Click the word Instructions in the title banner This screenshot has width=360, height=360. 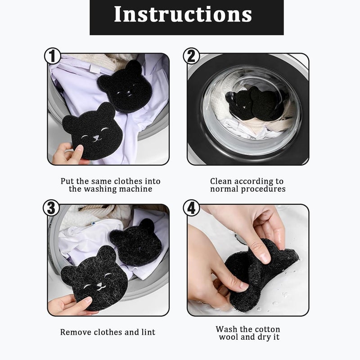183,14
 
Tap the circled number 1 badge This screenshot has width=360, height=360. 52,56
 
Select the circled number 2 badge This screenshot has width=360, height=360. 192,56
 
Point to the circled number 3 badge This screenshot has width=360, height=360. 51,208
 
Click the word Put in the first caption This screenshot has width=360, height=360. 67,181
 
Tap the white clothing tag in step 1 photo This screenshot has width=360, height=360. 95,69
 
